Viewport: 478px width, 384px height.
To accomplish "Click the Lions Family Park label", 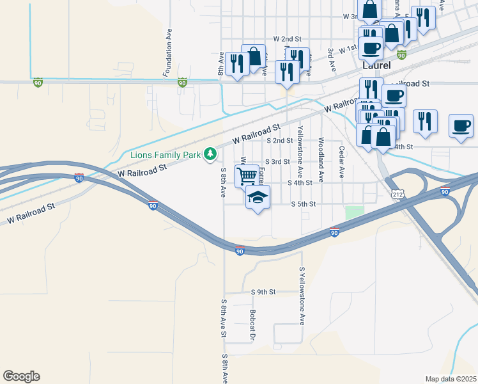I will tap(165, 154).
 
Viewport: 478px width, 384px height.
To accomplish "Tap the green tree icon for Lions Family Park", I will tap(209, 154).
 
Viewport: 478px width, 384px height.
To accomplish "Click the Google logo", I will tap(21, 376).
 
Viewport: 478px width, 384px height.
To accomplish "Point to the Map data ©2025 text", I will tap(451, 379).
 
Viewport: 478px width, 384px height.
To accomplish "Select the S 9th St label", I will tap(263, 292).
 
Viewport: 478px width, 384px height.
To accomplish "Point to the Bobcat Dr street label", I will tap(252, 326).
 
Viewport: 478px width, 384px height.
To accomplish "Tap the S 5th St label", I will tap(304, 204).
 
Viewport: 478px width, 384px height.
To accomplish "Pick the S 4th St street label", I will tap(300, 182).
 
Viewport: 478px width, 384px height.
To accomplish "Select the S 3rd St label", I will tap(277, 162).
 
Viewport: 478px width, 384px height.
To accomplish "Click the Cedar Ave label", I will tap(342, 162).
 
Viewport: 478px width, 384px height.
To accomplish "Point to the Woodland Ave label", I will tap(321, 154).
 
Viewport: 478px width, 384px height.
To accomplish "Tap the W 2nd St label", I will tap(286, 39).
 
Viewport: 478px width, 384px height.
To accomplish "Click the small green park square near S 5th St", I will tap(353, 213).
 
